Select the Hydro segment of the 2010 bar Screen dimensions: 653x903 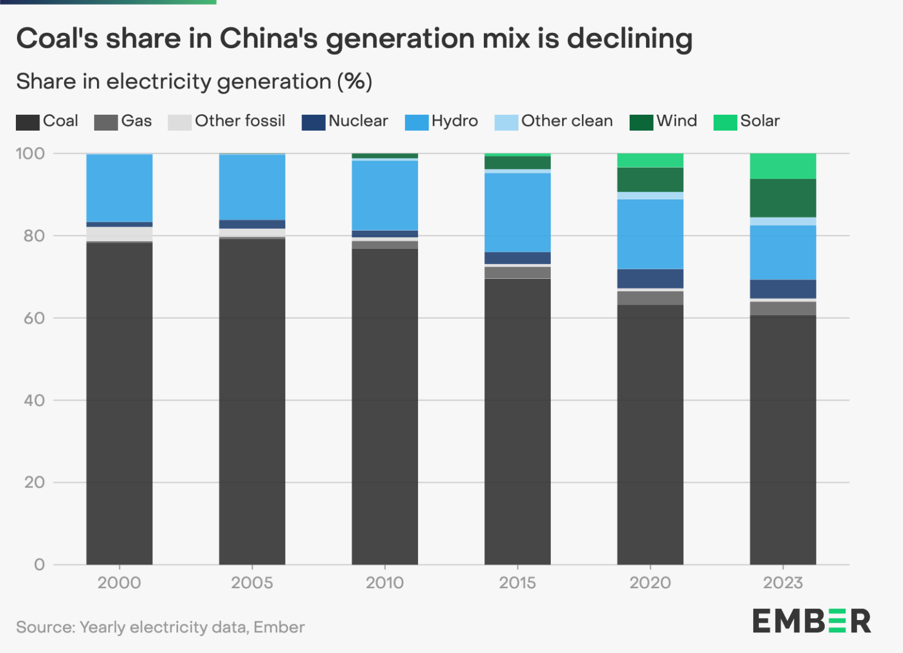pos(384,195)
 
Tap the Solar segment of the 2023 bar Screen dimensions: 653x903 pos(782,165)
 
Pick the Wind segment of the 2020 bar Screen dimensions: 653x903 pos(650,179)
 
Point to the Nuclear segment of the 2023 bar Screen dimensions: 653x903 pos(782,289)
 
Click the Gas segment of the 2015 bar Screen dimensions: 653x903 pos(517,272)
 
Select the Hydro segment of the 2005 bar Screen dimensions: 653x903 pos(252,187)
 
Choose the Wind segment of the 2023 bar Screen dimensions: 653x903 pos(782,198)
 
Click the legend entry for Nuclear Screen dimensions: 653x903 pos(345,121)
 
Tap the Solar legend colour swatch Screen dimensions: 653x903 pos(725,122)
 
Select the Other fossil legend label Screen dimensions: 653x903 pos(240,121)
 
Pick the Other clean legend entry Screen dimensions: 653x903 pos(554,121)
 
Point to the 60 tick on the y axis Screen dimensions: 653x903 pos(34,318)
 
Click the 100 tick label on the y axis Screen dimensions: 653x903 pos(30,154)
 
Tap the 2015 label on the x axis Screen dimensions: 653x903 pos(517,583)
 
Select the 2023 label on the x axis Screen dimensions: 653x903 pos(782,583)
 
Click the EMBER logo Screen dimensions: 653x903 pos(811,621)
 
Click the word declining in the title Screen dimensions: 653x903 pos(629,39)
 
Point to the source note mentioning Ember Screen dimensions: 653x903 pos(160,627)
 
